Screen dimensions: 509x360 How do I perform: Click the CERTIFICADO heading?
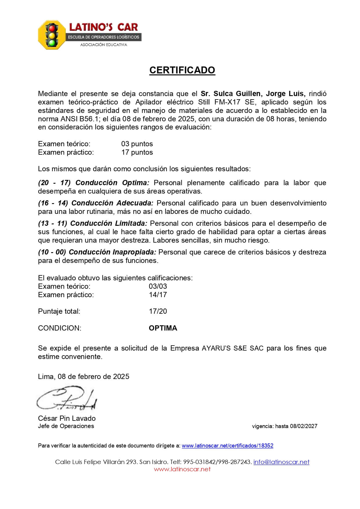(x=182, y=70)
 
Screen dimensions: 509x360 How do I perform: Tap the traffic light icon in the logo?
(x=52, y=35)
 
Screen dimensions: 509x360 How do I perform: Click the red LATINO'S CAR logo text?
(x=103, y=27)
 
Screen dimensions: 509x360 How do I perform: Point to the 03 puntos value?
(x=137, y=144)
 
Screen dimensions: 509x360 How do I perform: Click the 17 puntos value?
(x=137, y=152)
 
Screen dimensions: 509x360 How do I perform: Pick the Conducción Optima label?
(x=112, y=183)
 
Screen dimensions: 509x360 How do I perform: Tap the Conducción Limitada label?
(x=108, y=223)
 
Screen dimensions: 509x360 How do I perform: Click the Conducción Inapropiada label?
(x=112, y=252)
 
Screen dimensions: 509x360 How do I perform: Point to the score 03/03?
(x=158, y=286)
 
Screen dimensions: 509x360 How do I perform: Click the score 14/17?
(x=158, y=295)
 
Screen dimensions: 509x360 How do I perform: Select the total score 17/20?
(x=158, y=311)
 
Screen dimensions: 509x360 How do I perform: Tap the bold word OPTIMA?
(x=163, y=328)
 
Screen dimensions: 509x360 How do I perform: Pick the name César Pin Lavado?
(x=67, y=418)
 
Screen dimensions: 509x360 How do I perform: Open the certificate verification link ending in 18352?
(x=227, y=446)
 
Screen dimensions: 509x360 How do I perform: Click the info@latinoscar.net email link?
(x=281, y=462)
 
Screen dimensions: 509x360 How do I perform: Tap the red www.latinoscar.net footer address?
(x=182, y=469)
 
